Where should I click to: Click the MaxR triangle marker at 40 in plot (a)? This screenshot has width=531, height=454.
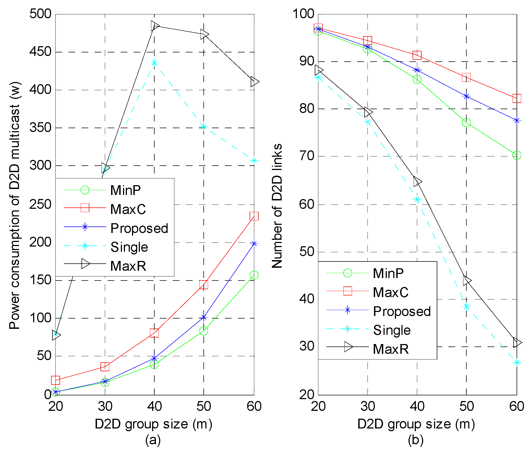[x=155, y=26]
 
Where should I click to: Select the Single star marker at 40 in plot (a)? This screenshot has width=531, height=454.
[x=154, y=63]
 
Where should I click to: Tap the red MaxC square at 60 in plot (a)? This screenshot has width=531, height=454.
[x=254, y=216]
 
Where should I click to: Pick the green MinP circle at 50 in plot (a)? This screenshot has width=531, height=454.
[x=203, y=331]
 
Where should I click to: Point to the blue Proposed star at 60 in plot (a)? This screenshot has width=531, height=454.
[x=254, y=244]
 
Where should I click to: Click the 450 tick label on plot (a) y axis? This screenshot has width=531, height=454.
[x=40, y=52]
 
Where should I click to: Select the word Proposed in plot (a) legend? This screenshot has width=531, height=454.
[x=139, y=228]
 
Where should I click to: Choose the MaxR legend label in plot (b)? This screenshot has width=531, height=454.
[x=391, y=349]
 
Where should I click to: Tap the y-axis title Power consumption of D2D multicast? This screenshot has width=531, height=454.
[x=15, y=205]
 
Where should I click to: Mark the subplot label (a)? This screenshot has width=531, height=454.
[x=153, y=440]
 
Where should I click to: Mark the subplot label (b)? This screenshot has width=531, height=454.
[x=416, y=440]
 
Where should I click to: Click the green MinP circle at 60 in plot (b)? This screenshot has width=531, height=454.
[x=517, y=155]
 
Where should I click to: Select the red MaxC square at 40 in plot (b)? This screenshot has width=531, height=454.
[x=417, y=55]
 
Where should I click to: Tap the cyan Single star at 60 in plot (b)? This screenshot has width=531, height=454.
[x=517, y=362]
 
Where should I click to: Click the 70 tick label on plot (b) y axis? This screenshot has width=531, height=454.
[x=307, y=156]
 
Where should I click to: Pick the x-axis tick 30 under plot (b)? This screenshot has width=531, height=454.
[x=367, y=406]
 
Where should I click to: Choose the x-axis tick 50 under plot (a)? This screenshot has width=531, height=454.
[x=204, y=406]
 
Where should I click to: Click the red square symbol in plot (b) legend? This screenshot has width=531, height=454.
[x=348, y=291]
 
